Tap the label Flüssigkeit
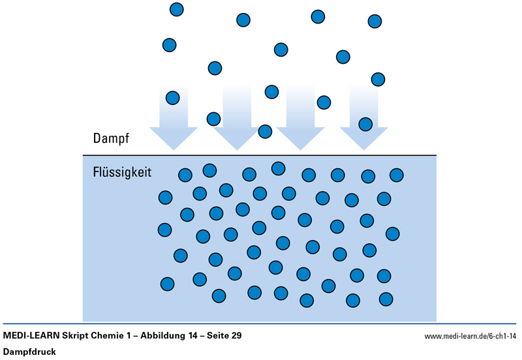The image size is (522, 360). [x=122, y=173]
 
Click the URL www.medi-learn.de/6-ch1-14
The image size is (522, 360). [x=470, y=337]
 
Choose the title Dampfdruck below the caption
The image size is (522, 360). [x=30, y=352]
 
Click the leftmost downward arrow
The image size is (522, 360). [x=173, y=117]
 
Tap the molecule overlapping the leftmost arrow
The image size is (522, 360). [x=172, y=98]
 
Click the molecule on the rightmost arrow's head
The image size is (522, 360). [x=365, y=124]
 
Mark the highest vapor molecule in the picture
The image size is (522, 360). [x=176, y=9]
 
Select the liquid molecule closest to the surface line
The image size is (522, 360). [x=278, y=168]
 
